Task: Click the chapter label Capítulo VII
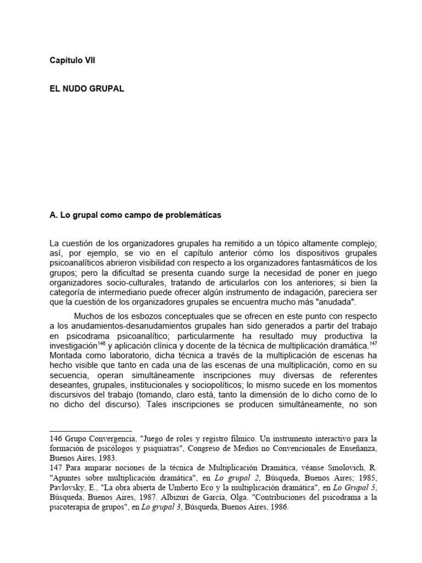[x=72, y=61]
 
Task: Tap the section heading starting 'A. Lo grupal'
[x=135, y=216]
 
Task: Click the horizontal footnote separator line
[x=91, y=431]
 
